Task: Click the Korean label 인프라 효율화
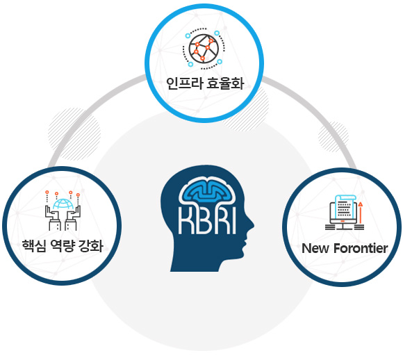[x=205, y=83]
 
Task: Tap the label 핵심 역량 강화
[x=63, y=246]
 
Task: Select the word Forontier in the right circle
[x=361, y=248]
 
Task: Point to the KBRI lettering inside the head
[x=207, y=220]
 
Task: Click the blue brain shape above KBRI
[x=207, y=191]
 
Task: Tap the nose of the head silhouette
[x=251, y=225]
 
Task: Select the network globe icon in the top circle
[x=204, y=49]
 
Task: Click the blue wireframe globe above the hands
[x=63, y=204]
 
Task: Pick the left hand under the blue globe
[x=53, y=218]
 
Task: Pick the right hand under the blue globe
[x=73, y=218]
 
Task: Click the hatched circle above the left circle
[x=74, y=134]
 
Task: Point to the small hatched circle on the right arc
[x=334, y=137]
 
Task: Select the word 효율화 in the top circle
[x=225, y=83]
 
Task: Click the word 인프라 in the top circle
[x=184, y=83]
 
